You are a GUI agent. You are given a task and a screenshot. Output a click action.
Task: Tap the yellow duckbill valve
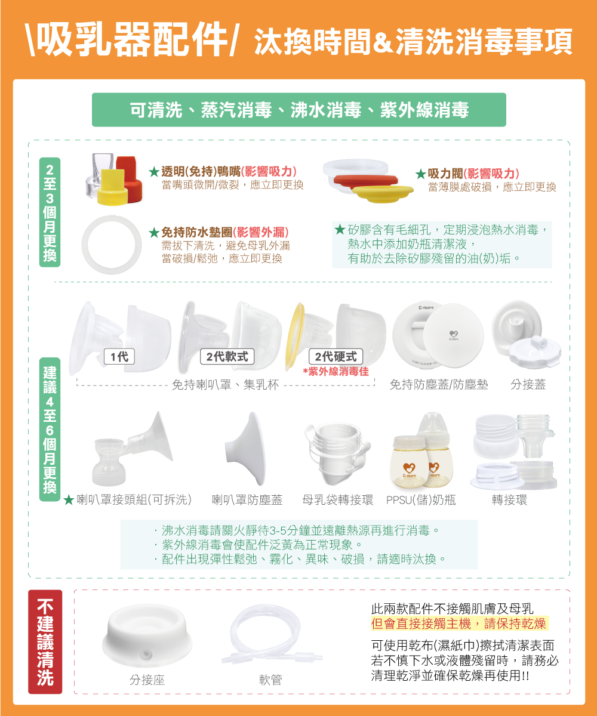(112, 188)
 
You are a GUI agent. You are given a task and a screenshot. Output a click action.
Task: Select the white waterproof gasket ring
(112, 245)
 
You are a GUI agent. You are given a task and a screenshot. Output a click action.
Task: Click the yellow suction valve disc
(383, 193)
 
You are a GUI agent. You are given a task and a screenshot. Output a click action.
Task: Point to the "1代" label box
(119, 357)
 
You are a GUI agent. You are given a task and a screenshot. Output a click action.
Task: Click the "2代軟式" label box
(227, 357)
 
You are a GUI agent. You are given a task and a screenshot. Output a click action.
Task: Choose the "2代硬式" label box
(336, 357)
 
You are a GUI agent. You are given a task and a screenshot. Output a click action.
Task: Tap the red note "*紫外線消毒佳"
(336, 371)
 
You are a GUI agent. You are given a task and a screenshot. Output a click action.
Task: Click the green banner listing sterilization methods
(299, 110)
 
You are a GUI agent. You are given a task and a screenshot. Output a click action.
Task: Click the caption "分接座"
(147, 680)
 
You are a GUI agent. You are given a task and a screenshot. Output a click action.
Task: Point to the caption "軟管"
(270, 680)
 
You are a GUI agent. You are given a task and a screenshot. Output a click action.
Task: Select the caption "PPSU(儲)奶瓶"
(421, 500)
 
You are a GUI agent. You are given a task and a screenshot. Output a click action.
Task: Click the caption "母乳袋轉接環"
(338, 500)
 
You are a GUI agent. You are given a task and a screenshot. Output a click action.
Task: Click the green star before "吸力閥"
(421, 174)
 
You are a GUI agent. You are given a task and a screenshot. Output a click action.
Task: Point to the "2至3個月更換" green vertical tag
(50, 212)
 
